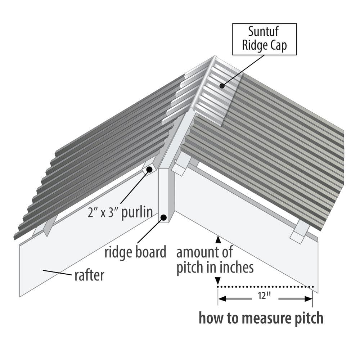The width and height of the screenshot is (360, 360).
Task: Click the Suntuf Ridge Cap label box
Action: pos(264,39)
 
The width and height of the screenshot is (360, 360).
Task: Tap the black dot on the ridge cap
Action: pos(222,86)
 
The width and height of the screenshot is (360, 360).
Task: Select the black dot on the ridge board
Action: pos(164,217)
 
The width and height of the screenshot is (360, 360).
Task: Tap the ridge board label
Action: pos(135,252)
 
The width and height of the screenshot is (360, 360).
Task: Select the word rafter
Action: pos(89,275)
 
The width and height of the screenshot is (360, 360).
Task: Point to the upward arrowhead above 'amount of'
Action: pos(217,238)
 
